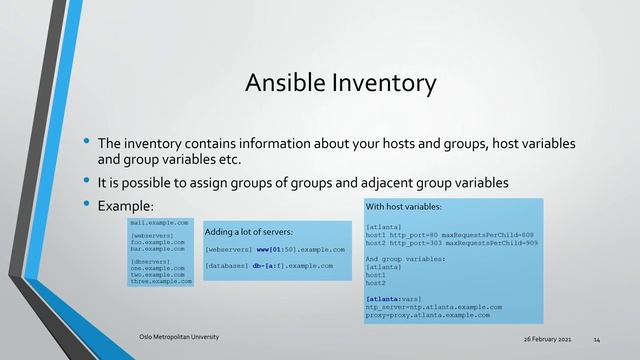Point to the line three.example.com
point(160,282)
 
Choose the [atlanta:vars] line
point(393,298)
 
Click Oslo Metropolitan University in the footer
point(178,336)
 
